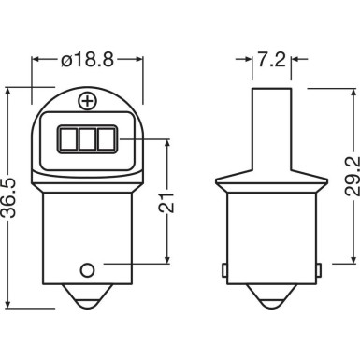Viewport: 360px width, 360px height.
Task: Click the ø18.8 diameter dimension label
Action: (88, 59)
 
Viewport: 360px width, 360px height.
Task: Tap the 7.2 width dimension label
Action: (271, 59)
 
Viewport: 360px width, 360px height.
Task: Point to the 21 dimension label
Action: (166, 203)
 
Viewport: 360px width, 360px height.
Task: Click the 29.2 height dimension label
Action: (353, 176)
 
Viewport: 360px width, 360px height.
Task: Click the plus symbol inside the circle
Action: (88, 101)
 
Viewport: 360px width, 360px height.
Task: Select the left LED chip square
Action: (68, 138)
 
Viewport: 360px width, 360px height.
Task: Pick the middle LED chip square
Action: (87, 138)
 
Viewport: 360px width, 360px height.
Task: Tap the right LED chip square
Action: (106, 138)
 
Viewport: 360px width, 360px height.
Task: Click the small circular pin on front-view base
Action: (87, 270)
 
